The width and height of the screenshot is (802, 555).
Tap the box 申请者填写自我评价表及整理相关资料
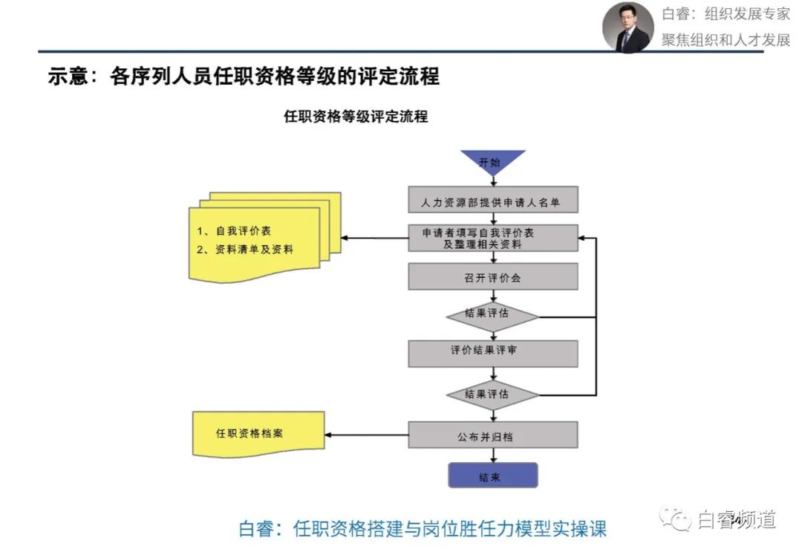[493, 238]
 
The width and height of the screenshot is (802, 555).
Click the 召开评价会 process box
[493, 276]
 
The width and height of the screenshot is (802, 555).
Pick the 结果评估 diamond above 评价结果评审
[492, 317]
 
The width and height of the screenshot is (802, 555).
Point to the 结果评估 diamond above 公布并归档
[492, 395]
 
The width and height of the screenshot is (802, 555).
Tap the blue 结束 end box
[493, 476]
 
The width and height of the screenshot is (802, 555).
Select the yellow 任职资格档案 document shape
[258, 434]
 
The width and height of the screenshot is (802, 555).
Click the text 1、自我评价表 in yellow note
[234, 231]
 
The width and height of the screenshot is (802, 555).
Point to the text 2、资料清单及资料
[245, 250]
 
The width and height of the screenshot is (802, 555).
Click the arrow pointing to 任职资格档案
[366, 435]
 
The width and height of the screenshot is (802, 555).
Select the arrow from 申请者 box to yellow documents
[374, 238]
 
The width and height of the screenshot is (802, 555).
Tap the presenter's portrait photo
[627, 27]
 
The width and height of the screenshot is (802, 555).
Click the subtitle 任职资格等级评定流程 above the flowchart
[356, 117]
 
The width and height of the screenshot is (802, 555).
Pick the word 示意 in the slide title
[68, 77]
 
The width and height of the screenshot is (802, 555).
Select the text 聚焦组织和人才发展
[726, 39]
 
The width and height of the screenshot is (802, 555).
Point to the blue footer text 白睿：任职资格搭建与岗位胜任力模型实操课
[423, 529]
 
